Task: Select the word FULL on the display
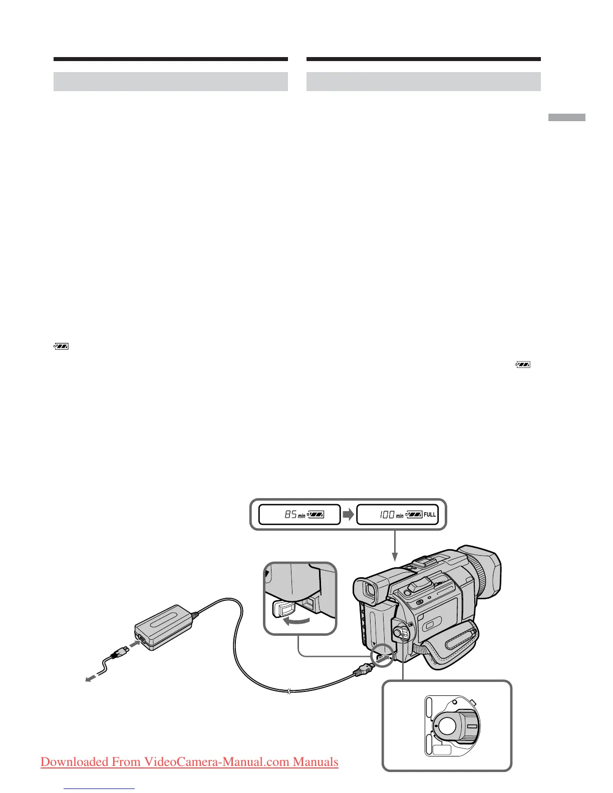click(430, 515)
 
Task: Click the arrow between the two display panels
click(348, 514)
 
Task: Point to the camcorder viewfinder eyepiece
click(369, 592)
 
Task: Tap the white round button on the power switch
click(447, 724)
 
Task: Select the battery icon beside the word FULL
click(414, 514)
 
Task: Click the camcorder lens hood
click(483, 570)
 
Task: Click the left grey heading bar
click(170, 82)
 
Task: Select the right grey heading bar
click(423, 82)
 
